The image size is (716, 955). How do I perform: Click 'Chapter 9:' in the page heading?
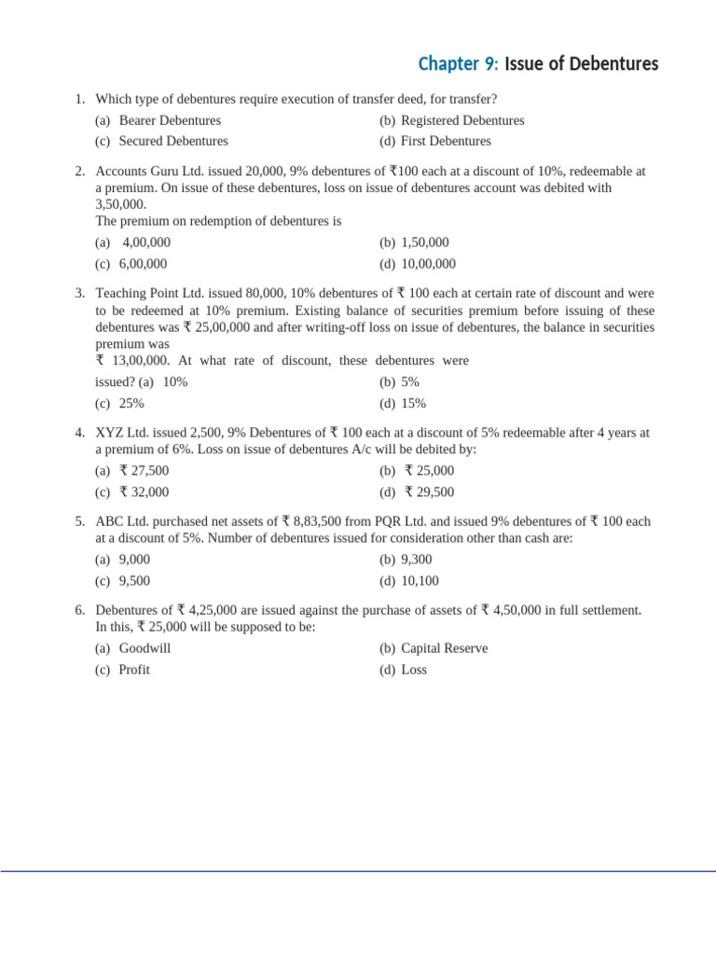pos(458,64)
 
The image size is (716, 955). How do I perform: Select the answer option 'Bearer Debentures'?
pos(170,120)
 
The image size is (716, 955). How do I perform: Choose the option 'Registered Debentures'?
pos(462,120)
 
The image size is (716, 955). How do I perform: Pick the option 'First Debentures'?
pos(446,141)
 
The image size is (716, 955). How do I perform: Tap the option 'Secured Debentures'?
pos(173,141)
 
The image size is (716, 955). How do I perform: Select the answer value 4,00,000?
pos(146,242)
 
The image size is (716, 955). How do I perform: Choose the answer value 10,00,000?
pos(429,264)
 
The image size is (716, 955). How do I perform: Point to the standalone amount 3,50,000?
pos(121,203)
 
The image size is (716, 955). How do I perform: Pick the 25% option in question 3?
pos(131,403)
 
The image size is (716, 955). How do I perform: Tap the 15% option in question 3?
pos(413,403)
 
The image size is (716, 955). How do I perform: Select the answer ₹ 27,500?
pos(145,471)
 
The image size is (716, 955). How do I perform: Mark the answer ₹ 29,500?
pos(430,491)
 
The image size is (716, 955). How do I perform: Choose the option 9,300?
pos(415,560)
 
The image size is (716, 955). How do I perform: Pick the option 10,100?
pos(420,580)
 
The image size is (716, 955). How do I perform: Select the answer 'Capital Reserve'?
pos(444,648)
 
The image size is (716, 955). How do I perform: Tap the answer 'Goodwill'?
pos(145,648)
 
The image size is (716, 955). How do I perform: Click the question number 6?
pos(80,610)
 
